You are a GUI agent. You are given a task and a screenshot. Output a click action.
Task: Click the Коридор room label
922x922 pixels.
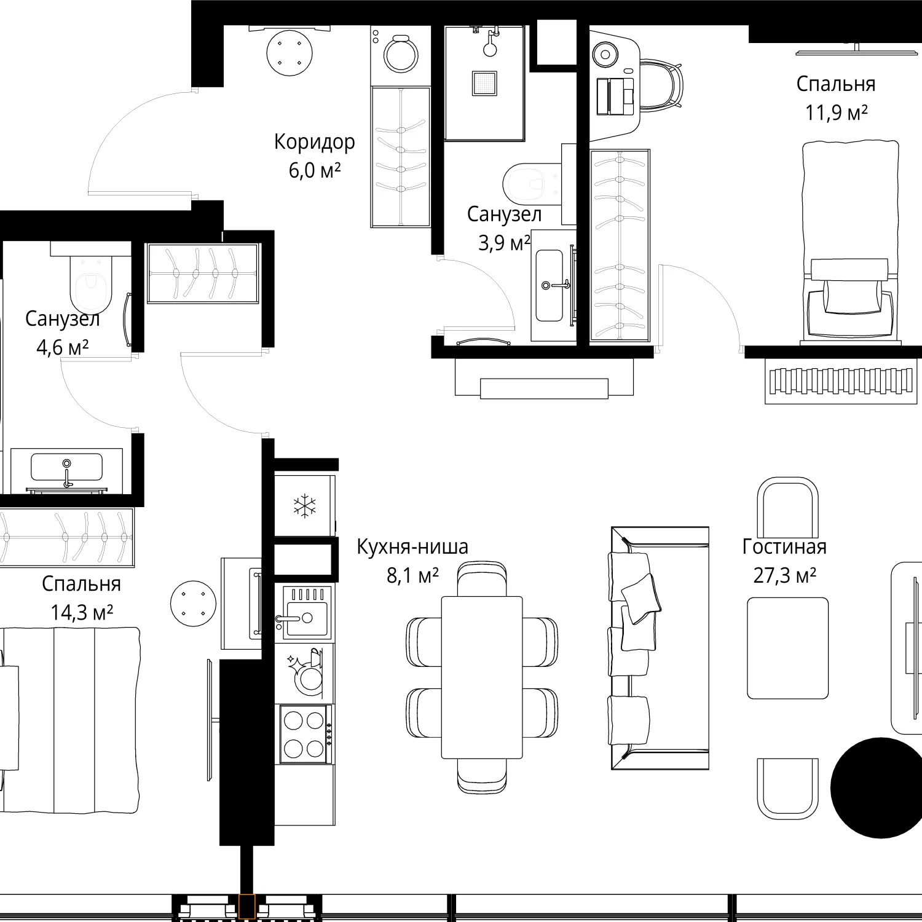[x=314, y=143]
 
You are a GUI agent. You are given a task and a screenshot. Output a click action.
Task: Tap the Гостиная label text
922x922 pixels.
[x=784, y=546]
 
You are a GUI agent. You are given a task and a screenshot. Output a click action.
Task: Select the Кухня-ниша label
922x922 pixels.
[x=412, y=546]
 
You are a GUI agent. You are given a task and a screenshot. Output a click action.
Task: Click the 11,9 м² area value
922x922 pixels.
[x=837, y=113]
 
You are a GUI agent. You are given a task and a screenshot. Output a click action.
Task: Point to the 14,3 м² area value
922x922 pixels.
[x=82, y=613]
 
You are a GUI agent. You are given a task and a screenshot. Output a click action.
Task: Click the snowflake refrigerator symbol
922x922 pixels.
[x=304, y=506]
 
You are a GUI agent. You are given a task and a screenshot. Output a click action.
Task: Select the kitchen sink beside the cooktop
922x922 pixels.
[x=305, y=613]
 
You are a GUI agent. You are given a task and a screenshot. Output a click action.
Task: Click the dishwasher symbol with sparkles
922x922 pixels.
[x=305, y=672]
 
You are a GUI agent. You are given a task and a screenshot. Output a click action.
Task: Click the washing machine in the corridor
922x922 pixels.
[x=400, y=54]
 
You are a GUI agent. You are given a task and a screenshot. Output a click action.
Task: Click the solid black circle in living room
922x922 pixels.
[x=878, y=787]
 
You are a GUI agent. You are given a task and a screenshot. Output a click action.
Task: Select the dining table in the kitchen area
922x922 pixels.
[x=482, y=677]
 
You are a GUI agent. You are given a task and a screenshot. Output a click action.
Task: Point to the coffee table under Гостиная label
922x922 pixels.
[x=787, y=648]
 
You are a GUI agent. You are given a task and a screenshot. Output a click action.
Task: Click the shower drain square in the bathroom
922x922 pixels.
[x=484, y=84]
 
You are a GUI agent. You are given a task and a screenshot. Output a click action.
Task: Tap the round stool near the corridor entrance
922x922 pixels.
[x=289, y=53]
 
